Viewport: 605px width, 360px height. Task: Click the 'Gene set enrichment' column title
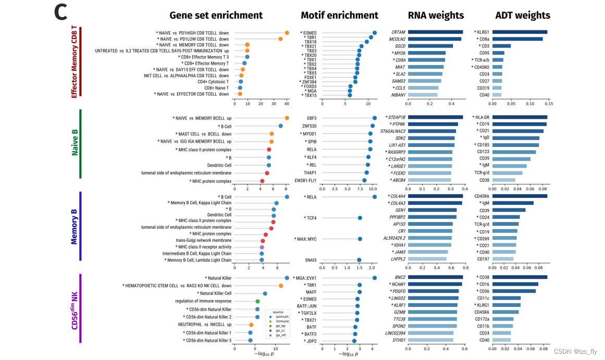click(x=216, y=15)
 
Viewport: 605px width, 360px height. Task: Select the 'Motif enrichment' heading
click(x=340, y=15)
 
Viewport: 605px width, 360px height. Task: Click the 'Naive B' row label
click(x=75, y=144)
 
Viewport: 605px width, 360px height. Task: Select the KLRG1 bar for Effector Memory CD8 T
click(x=520, y=32)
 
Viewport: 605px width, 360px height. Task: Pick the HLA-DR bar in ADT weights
click(x=520, y=117)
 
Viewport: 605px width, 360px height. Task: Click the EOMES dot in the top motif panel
click(x=375, y=33)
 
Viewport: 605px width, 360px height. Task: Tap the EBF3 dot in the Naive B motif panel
click(x=374, y=118)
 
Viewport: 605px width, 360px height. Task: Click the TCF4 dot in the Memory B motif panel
click(x=360, y=218)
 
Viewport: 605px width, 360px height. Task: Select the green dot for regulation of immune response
click(x=257, y=301)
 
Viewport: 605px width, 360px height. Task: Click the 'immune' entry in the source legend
click(x=281, y=321)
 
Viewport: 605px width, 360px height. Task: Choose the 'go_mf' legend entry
click(x=281, y=336)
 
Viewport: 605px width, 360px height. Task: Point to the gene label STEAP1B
click(x=396, y=117)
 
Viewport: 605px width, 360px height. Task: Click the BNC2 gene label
click(x=400, y=277)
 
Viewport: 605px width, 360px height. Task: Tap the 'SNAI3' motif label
click(x=310, y=260)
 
